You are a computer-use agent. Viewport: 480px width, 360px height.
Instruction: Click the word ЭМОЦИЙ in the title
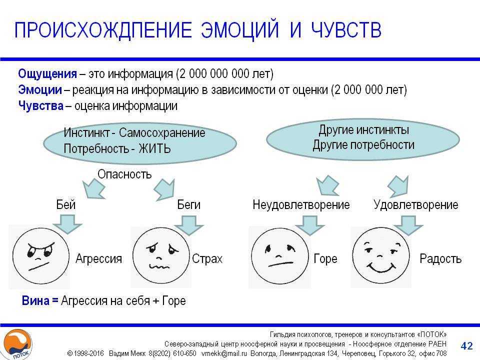[240, 30]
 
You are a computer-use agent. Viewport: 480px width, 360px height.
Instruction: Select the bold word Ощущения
[47, 74]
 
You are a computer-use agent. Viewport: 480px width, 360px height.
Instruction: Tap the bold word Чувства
[41, 105]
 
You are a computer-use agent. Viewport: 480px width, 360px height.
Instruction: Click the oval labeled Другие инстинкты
[363, 139]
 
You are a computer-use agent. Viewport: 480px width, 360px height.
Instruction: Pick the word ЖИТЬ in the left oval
[154, 149]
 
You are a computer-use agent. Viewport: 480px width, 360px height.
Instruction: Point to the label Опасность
[124, 174]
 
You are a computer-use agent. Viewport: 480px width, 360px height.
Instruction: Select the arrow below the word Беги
[189, 225]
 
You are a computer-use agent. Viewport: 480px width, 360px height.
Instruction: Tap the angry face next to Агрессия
[40, 256]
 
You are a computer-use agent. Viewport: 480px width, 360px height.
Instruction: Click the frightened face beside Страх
[161, 256]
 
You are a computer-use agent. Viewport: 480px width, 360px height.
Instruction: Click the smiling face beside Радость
[381, 256]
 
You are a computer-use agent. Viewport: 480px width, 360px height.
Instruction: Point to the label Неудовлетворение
[301, 205]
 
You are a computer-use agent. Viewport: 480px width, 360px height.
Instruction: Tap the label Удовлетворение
[415, 205]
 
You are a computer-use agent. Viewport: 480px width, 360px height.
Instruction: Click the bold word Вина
[35, 300]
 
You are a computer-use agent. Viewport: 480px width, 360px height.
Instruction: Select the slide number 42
[467, 345]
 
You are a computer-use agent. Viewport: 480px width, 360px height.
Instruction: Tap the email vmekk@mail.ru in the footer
[224, 353]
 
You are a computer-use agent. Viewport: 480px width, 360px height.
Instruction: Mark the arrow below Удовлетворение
[408, 225]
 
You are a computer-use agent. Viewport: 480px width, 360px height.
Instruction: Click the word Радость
[440, 259]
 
